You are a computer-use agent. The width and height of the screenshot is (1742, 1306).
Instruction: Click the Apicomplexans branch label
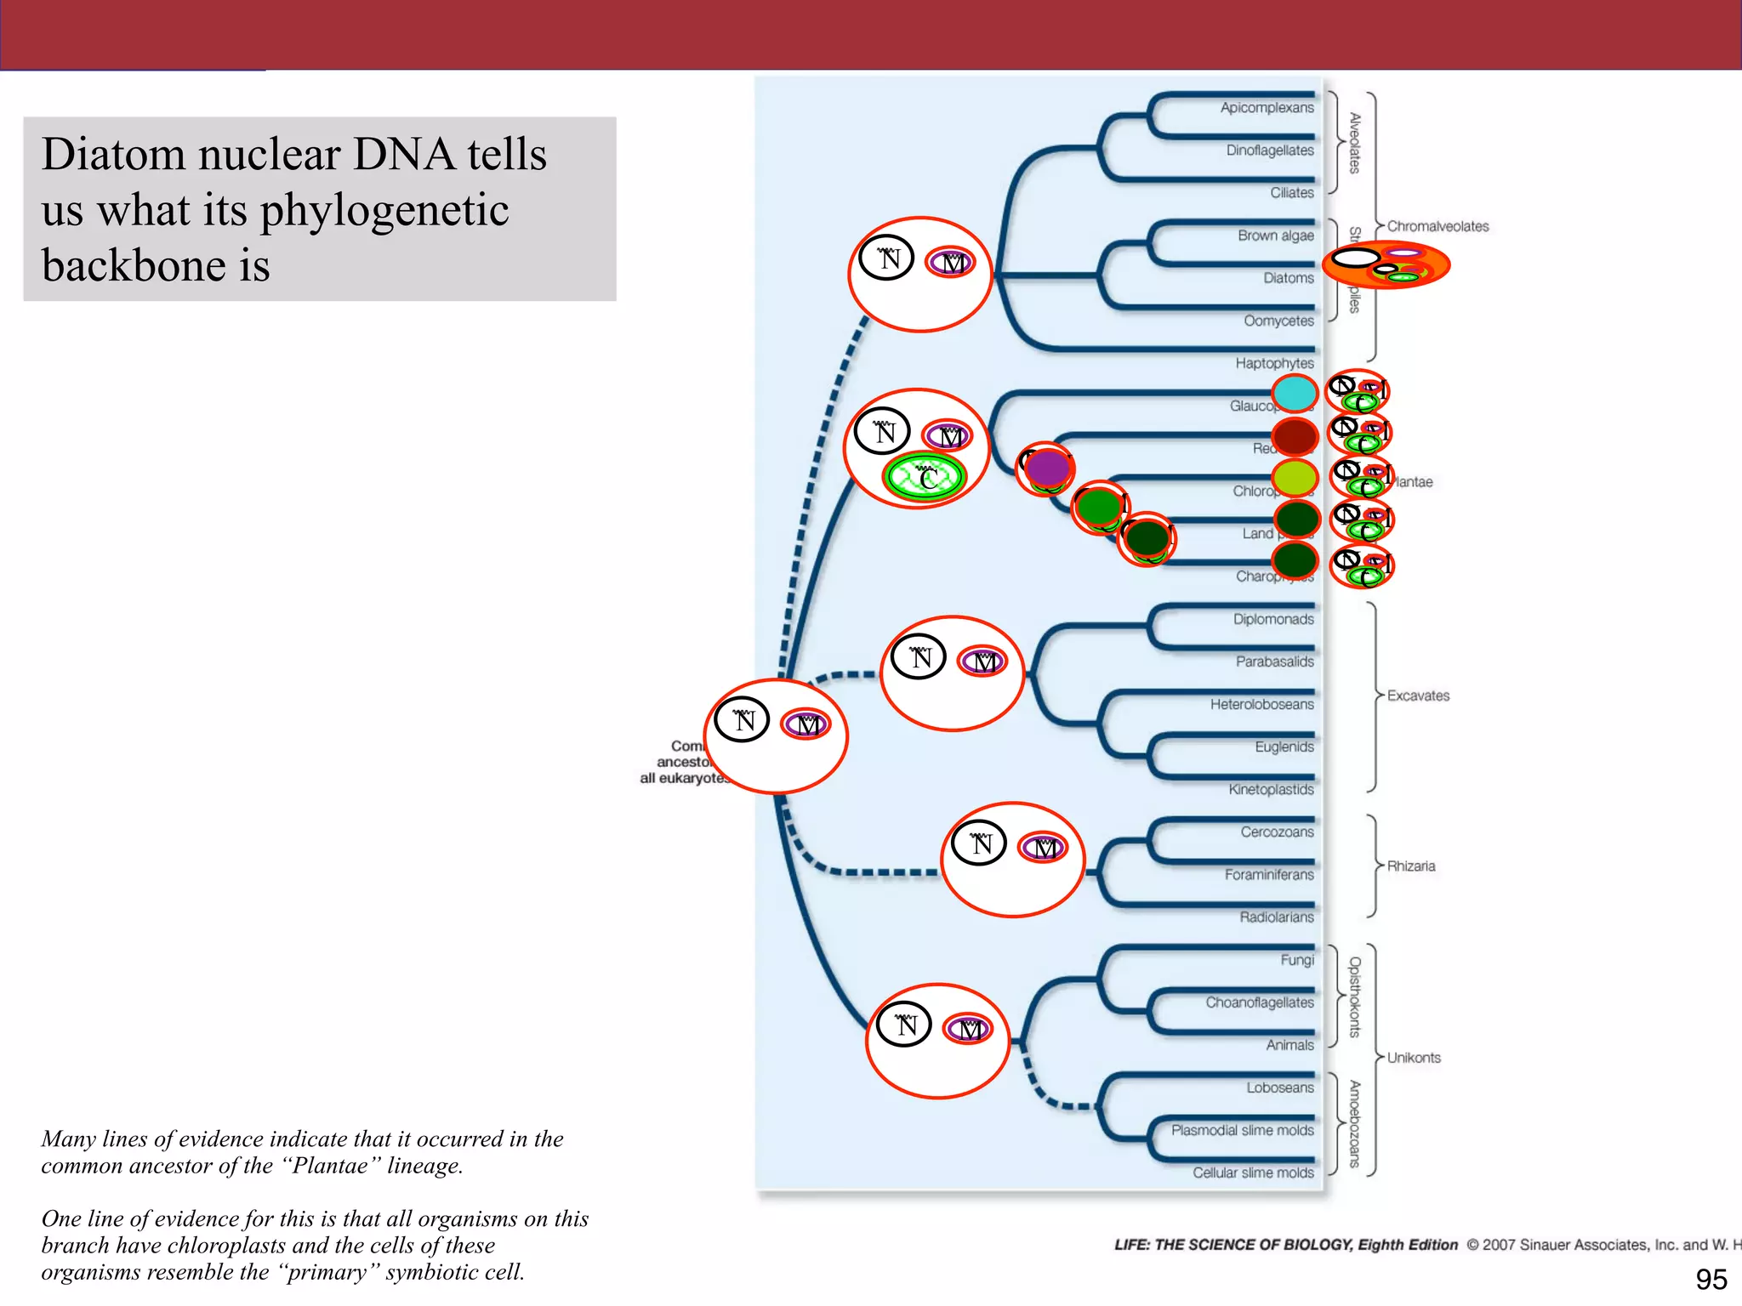(x=1267, y=108)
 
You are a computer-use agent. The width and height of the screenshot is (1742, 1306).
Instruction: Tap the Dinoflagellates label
(x=1269, y=150)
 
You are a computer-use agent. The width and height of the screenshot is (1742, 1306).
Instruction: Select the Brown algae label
(x=1275, y=236)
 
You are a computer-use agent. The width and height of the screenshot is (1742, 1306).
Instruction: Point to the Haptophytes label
(x=1274, y=363)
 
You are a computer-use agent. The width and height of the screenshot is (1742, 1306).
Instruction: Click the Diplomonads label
(x=1272, y=619)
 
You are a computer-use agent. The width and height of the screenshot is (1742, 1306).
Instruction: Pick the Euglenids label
(x=1284, y=747)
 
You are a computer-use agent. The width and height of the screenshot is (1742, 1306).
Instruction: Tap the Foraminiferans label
(x=1268, y=874)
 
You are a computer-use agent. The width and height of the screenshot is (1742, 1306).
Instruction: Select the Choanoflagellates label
(x=1259, y=1002)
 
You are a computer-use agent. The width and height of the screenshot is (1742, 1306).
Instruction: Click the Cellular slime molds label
(x=1252, y=1173)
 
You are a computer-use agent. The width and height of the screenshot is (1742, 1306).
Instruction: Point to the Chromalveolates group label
(x=1437, y=226)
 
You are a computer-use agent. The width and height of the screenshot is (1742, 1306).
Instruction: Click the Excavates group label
(x=1418, y=696)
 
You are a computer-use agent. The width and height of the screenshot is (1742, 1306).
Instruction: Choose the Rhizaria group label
(x=1410, y=866)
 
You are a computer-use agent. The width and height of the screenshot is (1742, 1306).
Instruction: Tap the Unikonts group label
(x=1414, y=1058)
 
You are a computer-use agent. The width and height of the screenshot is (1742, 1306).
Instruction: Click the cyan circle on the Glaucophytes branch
(x=1295, y=394)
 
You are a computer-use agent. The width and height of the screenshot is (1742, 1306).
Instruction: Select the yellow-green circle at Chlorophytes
(x=1295, y=478)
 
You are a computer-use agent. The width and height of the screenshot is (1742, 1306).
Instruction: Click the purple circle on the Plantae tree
(x=1047, y=468)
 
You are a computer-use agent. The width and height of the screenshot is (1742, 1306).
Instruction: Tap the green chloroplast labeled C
(x=925, y=478)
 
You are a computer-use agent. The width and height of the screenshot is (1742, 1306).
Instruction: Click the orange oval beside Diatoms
(x=1386, y=265)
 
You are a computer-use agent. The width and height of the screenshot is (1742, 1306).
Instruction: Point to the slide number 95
(x=1711, y=1279)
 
